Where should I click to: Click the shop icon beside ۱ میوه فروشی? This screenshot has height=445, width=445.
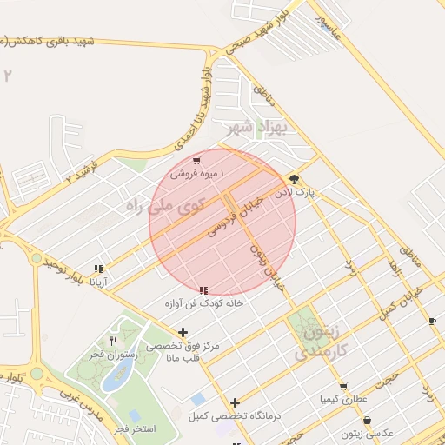pos(197,161)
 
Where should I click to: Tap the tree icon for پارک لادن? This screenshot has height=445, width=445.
pos(294,180)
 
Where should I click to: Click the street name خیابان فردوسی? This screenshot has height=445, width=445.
pos(235,215)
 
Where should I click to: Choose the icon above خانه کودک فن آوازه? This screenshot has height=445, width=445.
pos(203,290)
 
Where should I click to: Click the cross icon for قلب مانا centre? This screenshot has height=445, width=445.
pos(183,332)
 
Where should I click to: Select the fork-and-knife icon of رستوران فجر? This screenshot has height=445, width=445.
pos(113,341)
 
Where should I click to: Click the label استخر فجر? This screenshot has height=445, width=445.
pos(136,428)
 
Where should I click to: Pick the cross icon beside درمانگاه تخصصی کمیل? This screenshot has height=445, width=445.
pos(236,402)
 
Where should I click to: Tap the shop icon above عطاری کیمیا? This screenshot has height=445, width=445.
pos(343,387)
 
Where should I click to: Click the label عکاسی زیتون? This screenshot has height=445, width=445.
pos(371,433)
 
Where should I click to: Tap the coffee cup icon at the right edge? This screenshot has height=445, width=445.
pos(433,322)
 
